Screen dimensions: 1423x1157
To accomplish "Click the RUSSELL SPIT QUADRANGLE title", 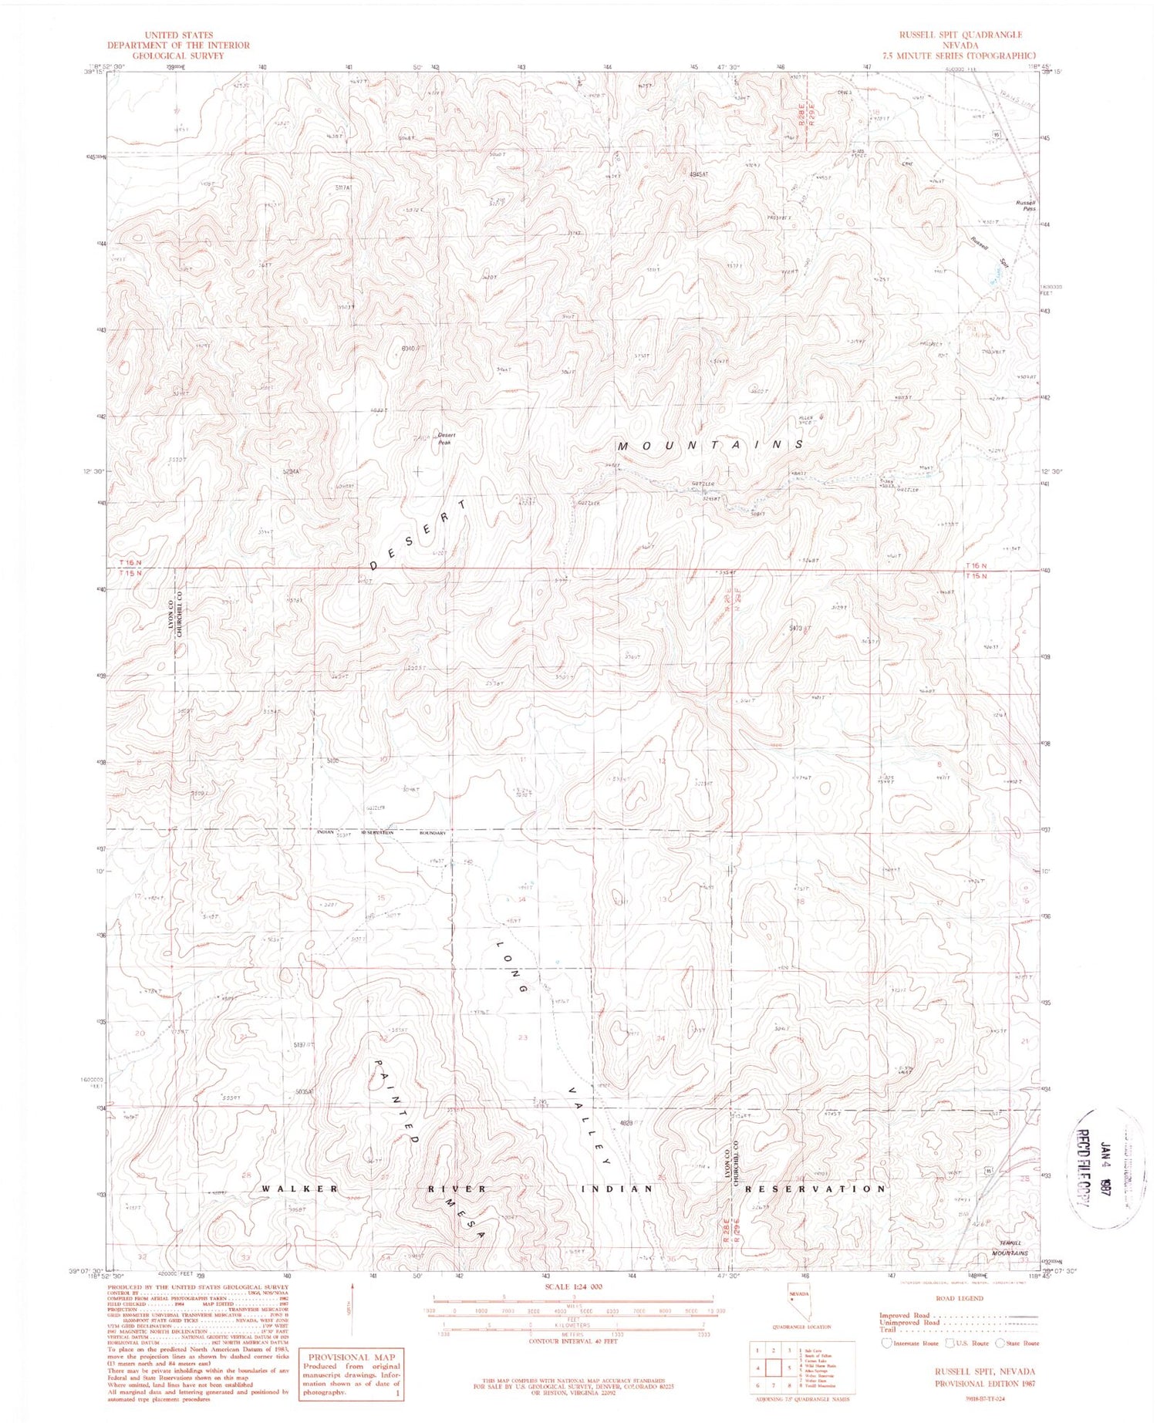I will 960,35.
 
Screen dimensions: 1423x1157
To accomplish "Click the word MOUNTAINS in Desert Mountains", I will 710,445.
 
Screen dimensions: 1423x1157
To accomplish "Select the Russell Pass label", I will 1024,205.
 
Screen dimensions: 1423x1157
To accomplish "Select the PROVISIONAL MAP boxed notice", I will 352,1374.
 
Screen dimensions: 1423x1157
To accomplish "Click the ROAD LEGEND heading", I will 960,1299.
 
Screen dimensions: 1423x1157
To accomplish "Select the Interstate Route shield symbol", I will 887,1344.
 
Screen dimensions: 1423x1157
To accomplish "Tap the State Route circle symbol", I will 1000,1344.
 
